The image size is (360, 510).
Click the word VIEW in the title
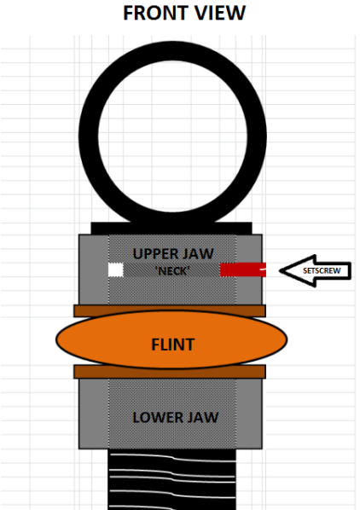click(x=218, y=13)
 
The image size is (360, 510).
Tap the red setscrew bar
click(x=243, y=269)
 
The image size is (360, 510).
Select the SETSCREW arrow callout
click(x=315, y=270)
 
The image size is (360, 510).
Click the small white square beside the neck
click(x=116, y=269)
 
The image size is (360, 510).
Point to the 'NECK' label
click(x=172, y=270)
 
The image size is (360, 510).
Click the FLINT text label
click(x=173, y=345)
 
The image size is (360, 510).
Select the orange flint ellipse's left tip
click(x=56, y=339)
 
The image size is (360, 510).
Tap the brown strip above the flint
click(x=170, y=310)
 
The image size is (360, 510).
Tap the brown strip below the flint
click(x=170, y=372)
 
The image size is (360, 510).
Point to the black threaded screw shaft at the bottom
click(x=171, y=479)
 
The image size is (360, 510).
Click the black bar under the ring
click(x=171, y=229)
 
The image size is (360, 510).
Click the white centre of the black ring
click(x=172, y=136)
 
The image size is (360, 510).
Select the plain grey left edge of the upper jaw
click(x=94, y=269)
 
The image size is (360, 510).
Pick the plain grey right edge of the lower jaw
click(x=249, y=414)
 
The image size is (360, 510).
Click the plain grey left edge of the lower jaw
click(x=94, y=414)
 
